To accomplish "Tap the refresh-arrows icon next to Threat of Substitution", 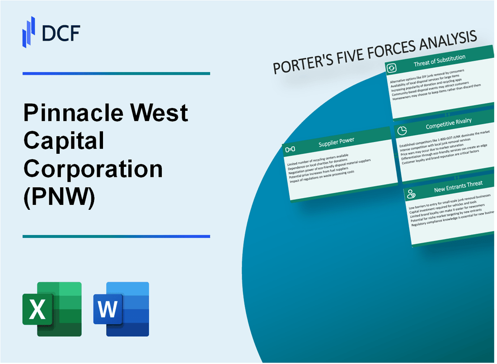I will click(x=391, y=68).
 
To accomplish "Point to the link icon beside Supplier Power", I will click(x=291, y=149).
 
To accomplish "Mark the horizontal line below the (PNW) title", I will click(x=116, y=236).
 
